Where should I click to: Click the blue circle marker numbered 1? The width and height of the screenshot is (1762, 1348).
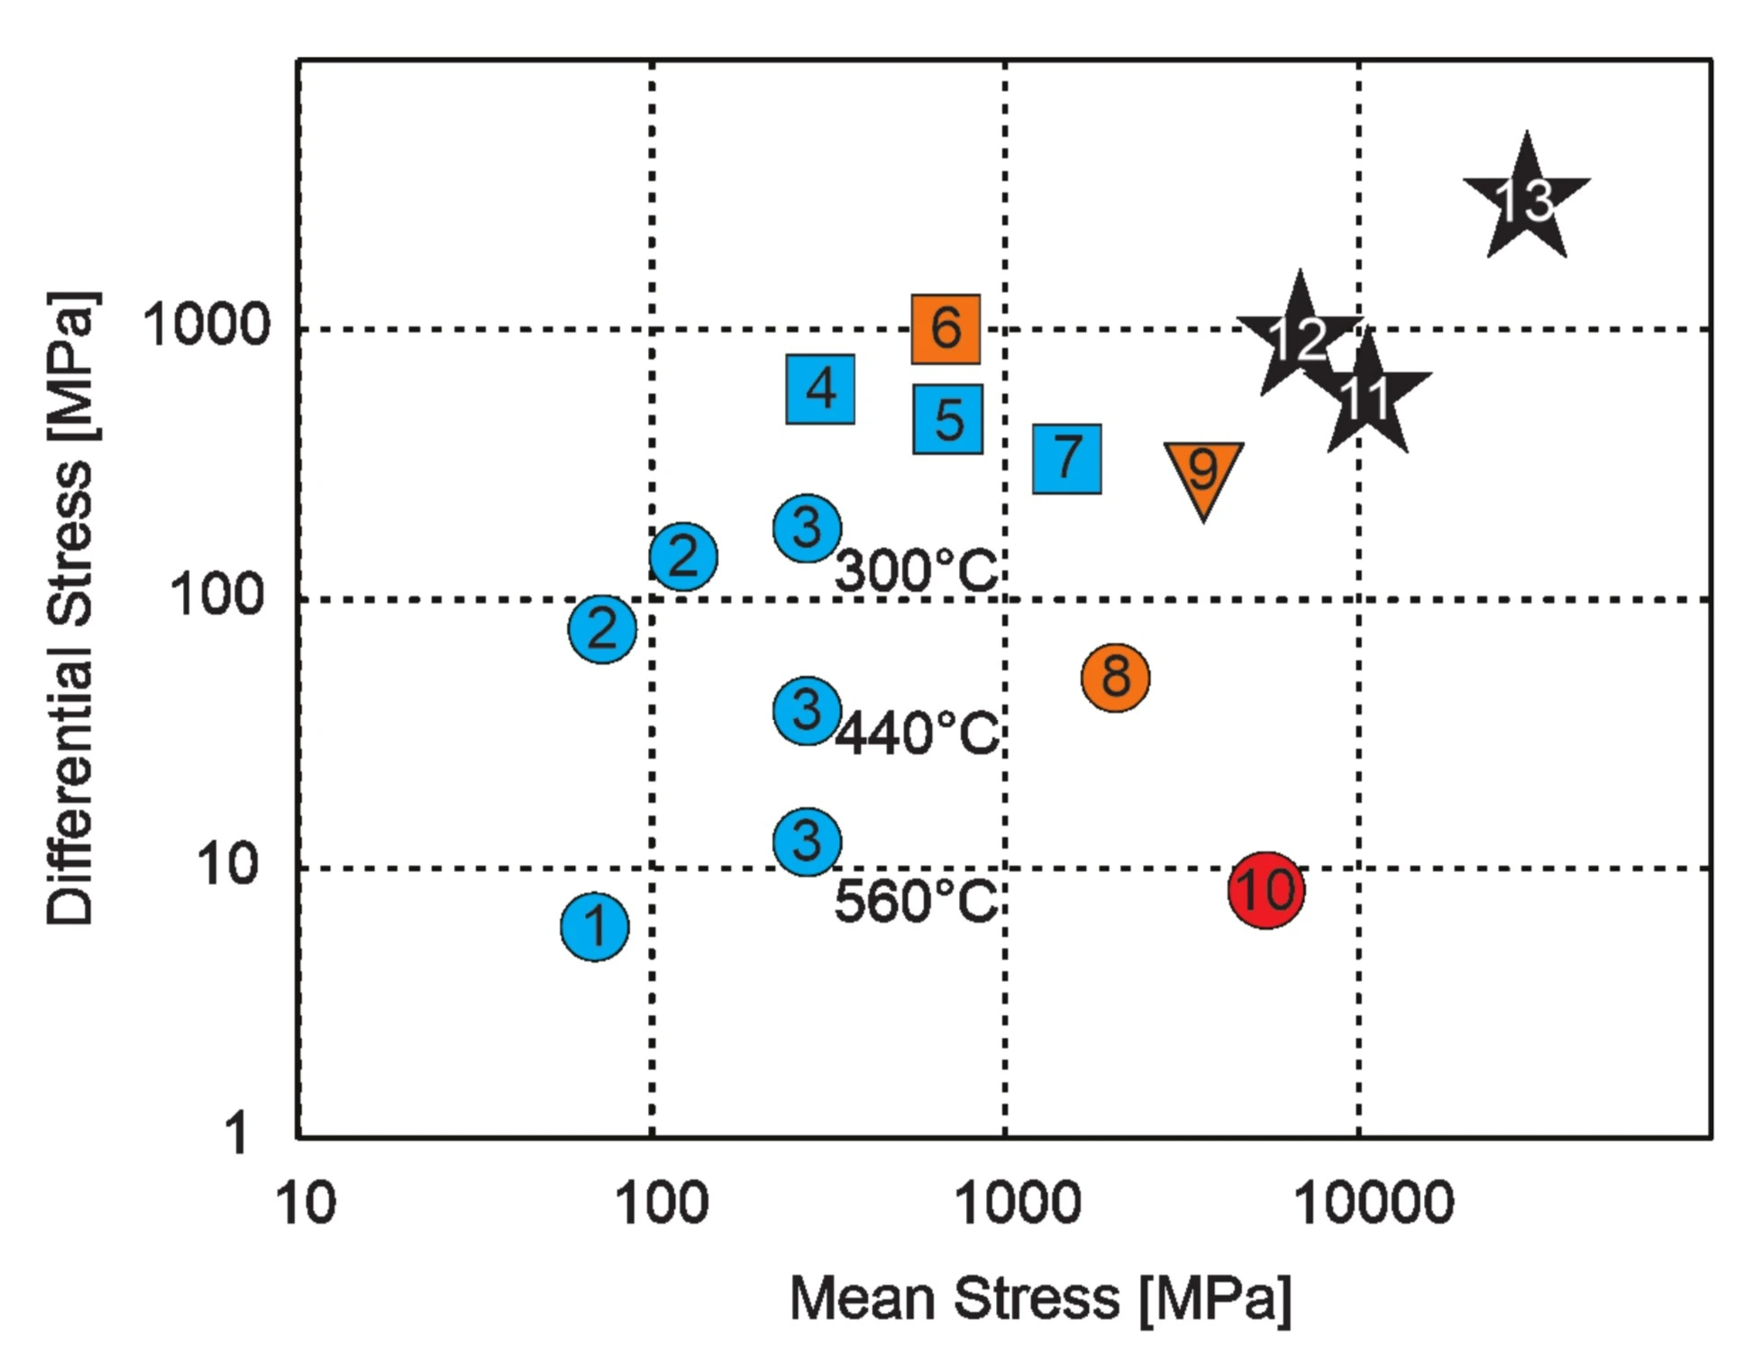pos(595,926)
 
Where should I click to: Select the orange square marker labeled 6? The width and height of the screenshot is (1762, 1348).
pos(945,329)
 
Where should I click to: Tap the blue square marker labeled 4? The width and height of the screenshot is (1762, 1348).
pos(820,389)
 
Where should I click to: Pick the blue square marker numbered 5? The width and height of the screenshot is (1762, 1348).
pos(948,419)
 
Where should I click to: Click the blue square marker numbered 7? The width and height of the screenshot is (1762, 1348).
pos(1067,459)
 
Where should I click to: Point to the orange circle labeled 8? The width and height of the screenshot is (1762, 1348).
pos(1116,677)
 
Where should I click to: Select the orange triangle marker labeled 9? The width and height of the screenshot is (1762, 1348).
pos(1203,470)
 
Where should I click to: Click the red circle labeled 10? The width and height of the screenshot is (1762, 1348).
pos(1266,889)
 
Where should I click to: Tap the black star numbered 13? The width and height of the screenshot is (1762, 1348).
pos(1526,201)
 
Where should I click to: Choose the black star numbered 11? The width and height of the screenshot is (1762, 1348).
pos(1367,396)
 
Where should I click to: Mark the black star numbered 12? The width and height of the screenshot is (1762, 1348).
pos(1299,339)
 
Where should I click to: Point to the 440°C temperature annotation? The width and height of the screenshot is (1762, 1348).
pos(917,732)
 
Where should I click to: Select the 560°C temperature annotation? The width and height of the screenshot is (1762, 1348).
pos(916,900)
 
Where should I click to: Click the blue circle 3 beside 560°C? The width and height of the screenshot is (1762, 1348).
pos(808,842)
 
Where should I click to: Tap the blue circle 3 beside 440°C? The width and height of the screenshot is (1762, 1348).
pos(808,710)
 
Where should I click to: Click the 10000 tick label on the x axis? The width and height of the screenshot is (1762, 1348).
pos(1374,1202)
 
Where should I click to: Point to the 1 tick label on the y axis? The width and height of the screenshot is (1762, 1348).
pos(235,1133)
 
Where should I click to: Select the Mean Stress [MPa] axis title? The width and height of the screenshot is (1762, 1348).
pos(1040,1298)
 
